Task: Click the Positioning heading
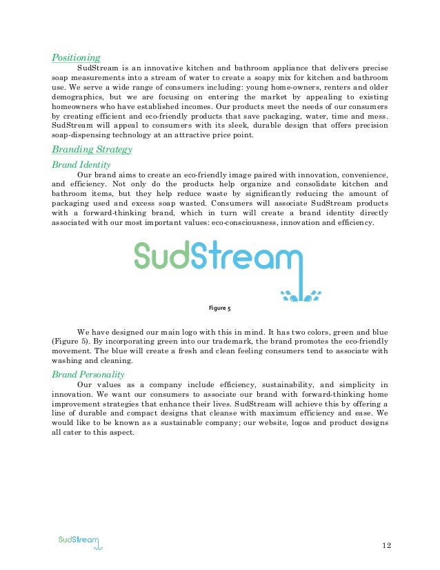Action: [x=76, y=57]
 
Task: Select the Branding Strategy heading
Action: [x=92, y=150]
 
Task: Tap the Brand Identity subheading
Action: [x=81, y=165]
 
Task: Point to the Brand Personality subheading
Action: [x=88, y=374]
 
